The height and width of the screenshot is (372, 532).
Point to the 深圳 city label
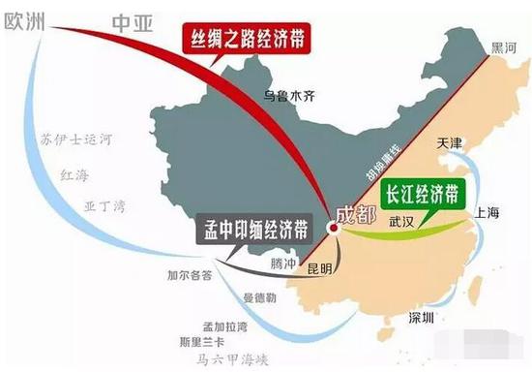423,318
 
